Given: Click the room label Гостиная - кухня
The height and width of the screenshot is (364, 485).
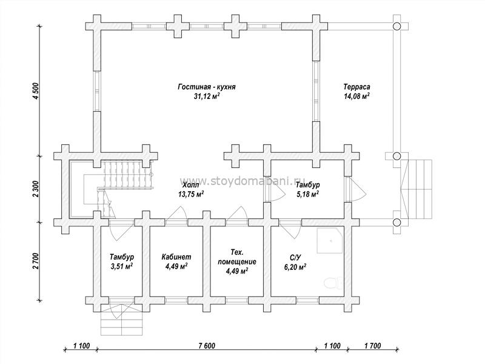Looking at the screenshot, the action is click(207, 87).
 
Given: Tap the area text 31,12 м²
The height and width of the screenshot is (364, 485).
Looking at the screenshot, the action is click(207, 96).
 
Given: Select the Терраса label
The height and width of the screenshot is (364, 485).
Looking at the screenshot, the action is click(356, 87).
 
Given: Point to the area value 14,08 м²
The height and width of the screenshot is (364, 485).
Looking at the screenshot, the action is click(356, 96).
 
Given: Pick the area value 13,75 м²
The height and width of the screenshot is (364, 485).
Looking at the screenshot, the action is click(190, 194).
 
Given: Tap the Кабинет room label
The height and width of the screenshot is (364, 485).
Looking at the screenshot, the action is click(176, 257).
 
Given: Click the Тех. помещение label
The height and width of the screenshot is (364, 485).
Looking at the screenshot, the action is click(237, 257).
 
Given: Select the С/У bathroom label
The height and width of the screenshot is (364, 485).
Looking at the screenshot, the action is click(295, 257).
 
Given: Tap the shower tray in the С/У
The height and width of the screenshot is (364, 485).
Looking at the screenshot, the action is click(330, 240).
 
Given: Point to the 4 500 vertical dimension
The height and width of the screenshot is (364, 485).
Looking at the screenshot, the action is click(36, 90).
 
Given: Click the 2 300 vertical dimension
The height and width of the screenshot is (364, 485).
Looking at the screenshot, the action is click(36, 189).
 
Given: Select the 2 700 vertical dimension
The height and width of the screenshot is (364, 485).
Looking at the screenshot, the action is click(36, 261).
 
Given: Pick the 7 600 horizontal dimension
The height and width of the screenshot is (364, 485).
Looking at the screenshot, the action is click(206, 345).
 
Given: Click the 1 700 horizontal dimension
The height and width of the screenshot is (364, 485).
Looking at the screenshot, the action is click(372, 345).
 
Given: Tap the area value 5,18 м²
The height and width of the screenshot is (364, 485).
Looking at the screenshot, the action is click(307, 194).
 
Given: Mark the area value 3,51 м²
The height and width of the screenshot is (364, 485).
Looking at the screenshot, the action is click(122, 266).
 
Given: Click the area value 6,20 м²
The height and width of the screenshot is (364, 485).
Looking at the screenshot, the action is click(295, 266).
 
